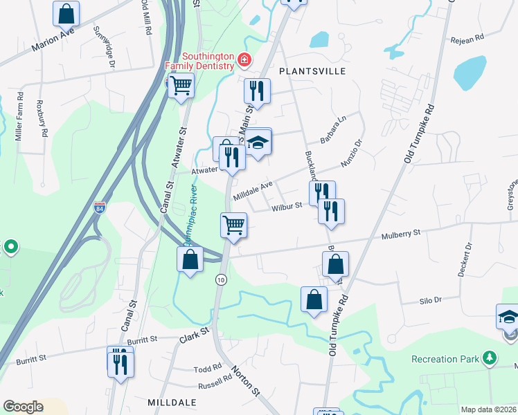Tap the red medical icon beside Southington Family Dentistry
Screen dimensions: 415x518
point(244,61)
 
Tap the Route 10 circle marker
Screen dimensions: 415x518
point(221,279)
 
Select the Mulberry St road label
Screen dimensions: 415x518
point(401,235)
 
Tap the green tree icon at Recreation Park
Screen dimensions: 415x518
point(490,358)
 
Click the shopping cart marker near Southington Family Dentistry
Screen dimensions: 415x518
point(181,86)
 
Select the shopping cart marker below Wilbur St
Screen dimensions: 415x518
point(233,225)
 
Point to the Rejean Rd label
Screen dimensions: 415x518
point(467,40)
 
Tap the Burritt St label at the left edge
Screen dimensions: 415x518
point(32,358)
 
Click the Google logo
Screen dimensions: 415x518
point(23,407)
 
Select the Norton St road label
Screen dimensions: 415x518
point(246,381)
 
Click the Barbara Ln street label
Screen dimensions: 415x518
point(332,129)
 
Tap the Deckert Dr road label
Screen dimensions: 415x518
point(465,259)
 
